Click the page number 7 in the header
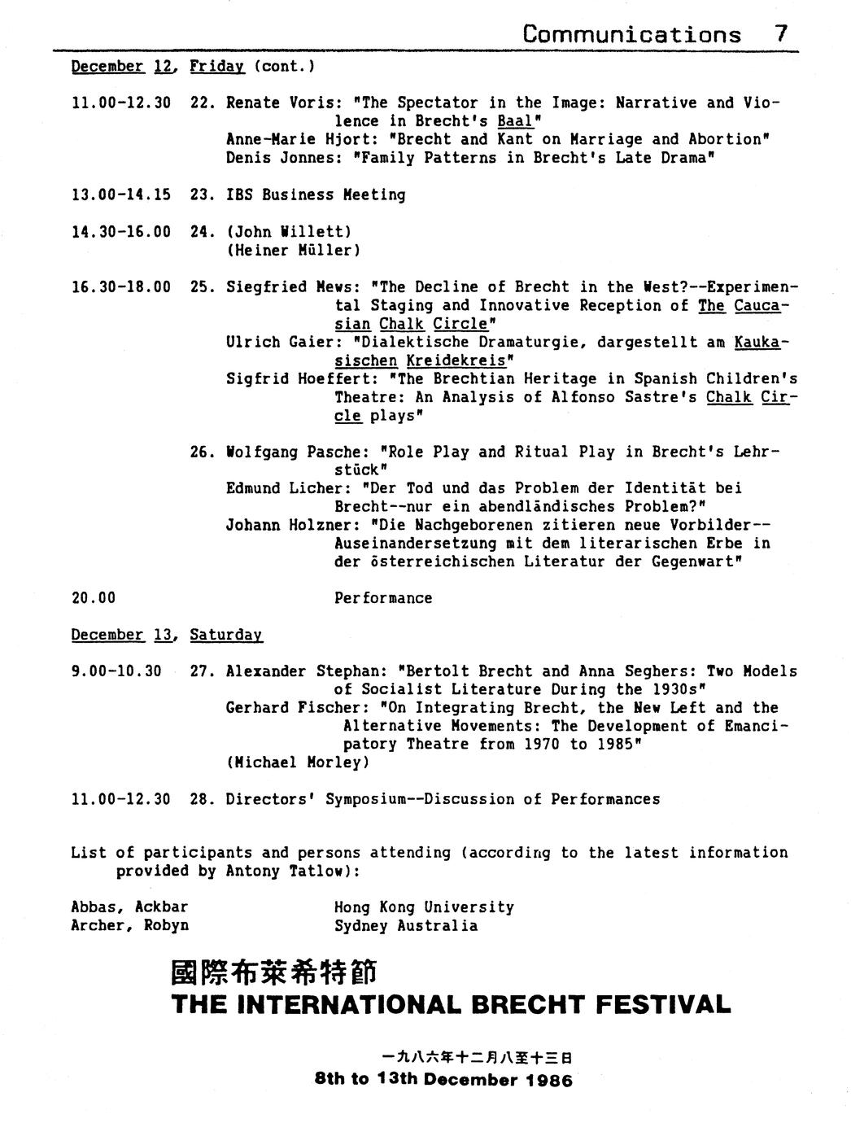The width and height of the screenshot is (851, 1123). [x=781, y=33]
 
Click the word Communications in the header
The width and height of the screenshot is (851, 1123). [x=632, y=34]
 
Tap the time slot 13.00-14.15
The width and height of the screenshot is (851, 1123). [x=120, y=194]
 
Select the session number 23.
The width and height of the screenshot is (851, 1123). [x=203, y=194]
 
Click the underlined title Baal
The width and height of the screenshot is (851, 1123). [x=514, y=121]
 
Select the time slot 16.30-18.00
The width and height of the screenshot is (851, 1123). [x=120, y=286]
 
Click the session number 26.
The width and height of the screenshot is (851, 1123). [x=203, y=452]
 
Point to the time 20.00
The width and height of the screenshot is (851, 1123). [x=93, y=598]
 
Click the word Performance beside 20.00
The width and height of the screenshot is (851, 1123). [x=383, y=598]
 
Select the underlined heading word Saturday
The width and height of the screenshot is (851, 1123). [x=226, y=635]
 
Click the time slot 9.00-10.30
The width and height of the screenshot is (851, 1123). [x=116, y=671]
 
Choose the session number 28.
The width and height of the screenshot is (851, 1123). [x=203, y=799]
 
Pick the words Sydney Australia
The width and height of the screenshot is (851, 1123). [x=406, y=926]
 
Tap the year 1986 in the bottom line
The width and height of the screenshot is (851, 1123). [x=548, y=1081]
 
